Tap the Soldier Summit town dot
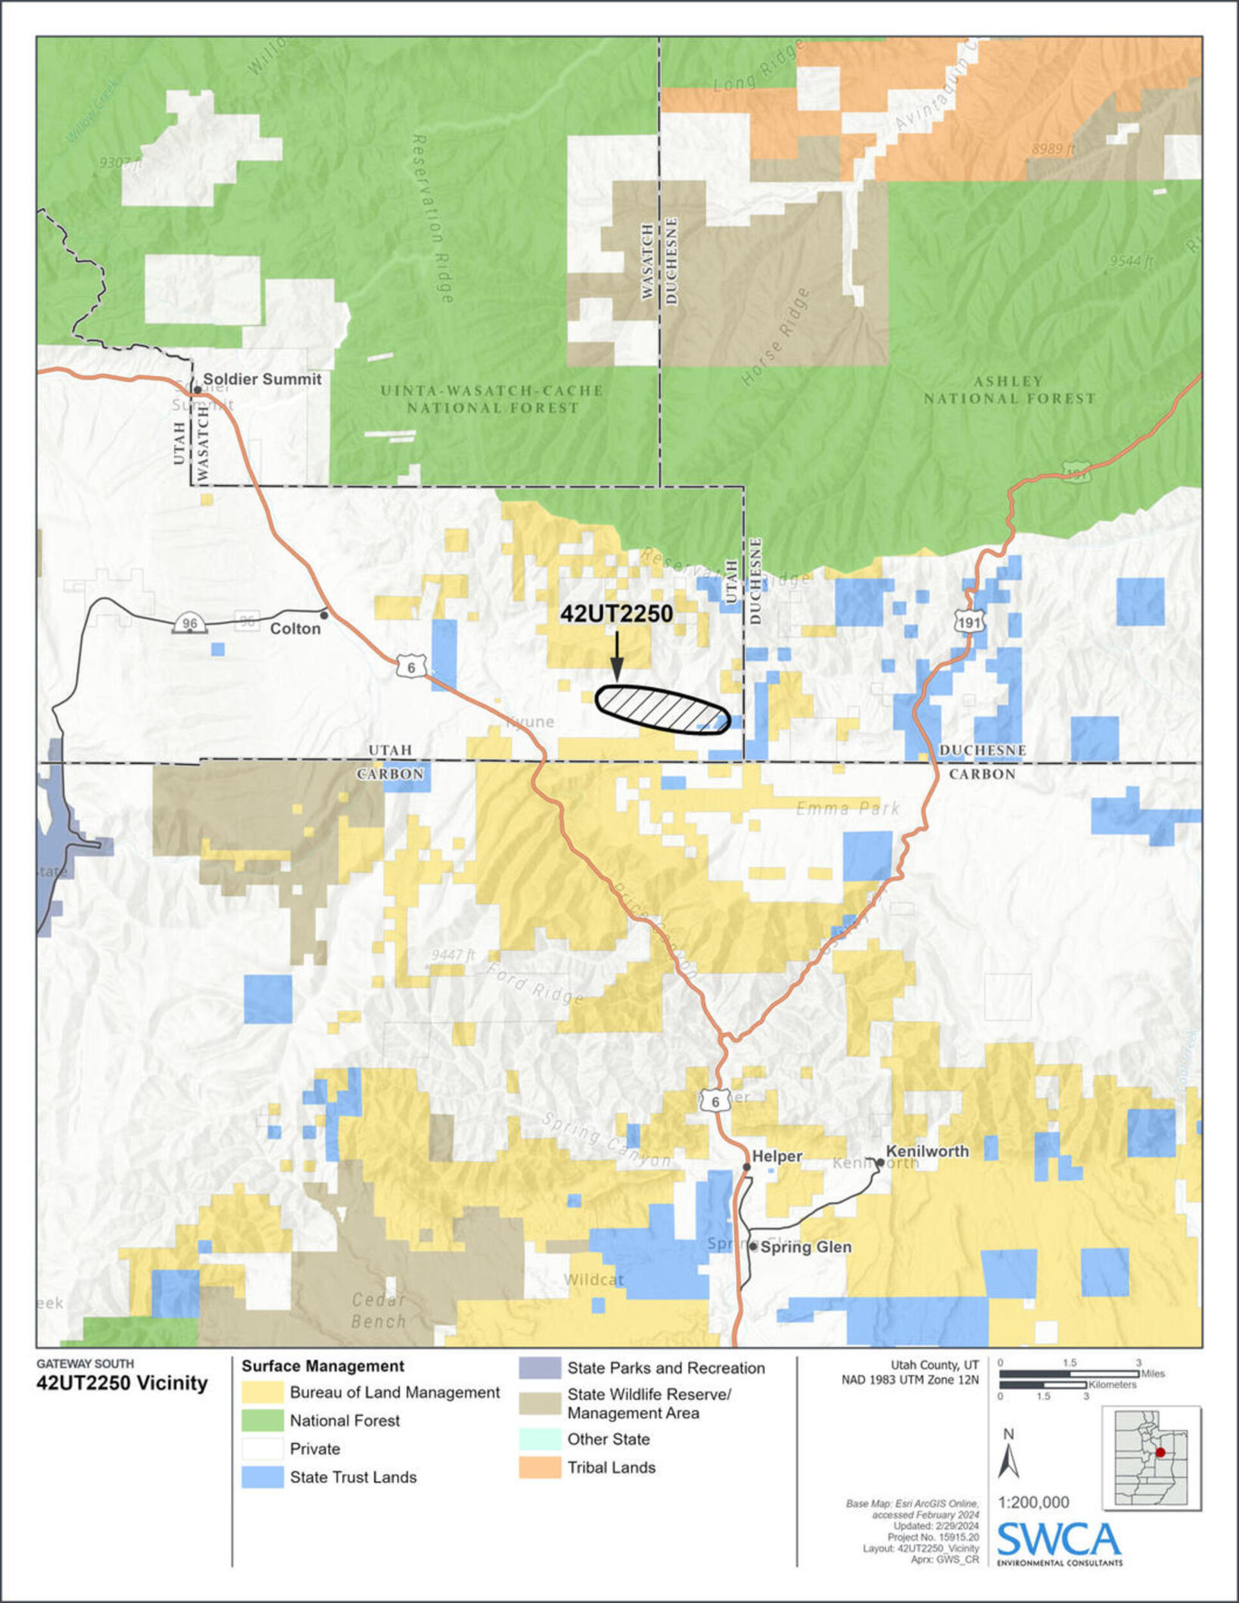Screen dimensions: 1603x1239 [198, 390]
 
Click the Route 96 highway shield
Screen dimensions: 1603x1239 [189, 624]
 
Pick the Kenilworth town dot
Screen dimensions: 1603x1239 [879, 1162]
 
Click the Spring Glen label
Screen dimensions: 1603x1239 [805, 1247]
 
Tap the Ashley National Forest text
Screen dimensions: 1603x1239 [1009, 390]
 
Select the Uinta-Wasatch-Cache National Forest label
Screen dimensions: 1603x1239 [491, 399]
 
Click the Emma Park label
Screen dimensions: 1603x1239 [848, 809]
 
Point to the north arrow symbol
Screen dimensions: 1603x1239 [1008, 1461]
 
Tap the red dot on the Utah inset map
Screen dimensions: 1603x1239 [1159, 1452]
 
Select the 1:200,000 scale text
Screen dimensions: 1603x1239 [1033, 1502]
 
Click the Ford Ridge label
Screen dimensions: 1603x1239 [536, 983]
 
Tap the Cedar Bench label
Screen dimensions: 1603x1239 [378, 1310]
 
